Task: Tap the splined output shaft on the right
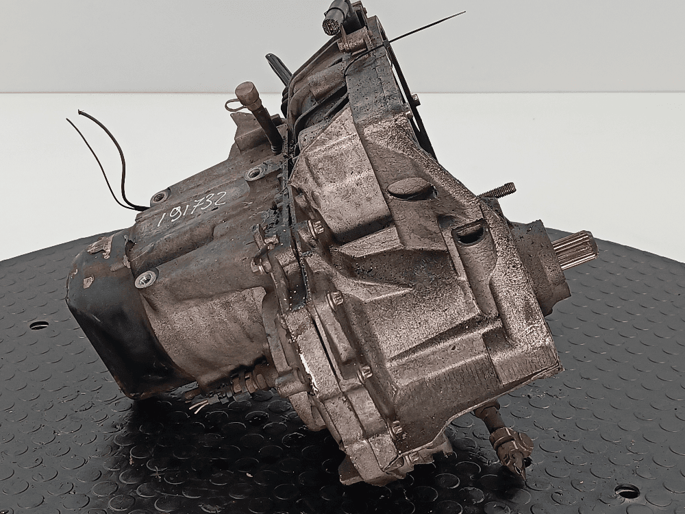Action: pos(577,253)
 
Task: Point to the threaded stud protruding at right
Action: pos(499,193)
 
